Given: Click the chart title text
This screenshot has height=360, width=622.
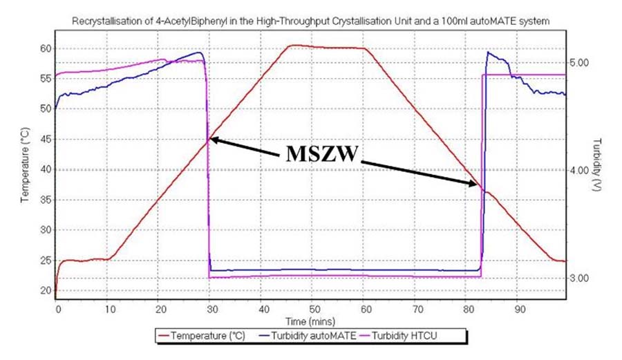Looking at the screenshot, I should pyautogui.click(x=311, y=21).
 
